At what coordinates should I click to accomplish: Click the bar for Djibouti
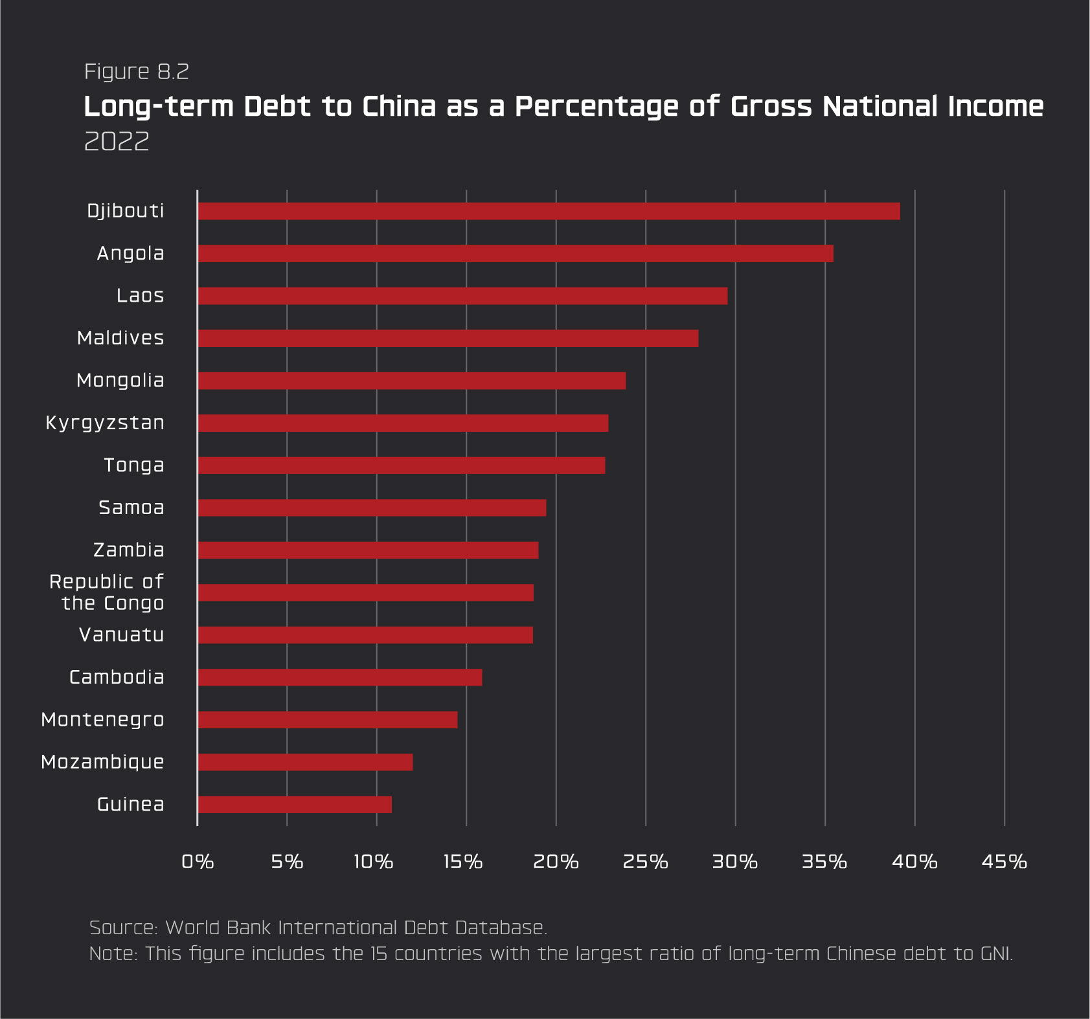(549, 211)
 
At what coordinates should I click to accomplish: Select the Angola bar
(516, 254)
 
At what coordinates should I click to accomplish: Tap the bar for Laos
(462, 296)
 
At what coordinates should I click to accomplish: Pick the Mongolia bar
(412, 381)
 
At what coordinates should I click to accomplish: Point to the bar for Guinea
(295, 805)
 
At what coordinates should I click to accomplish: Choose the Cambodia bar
(340, 677)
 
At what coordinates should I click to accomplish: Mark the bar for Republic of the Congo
(365, 592)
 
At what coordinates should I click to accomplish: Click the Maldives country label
(120, 338)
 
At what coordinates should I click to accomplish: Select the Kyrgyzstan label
(105, 423)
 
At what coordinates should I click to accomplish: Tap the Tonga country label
(134, 465)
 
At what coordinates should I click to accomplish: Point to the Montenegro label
(102, 720)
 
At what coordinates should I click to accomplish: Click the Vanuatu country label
(122, 635)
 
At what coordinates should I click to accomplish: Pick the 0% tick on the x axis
(198, 862)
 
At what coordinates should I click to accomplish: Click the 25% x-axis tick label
(645, 862)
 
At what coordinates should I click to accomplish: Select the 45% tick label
(1004, 862)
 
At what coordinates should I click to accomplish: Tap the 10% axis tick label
(374, 862)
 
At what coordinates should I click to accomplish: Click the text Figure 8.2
(137, 71)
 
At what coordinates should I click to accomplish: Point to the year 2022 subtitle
(117, 141)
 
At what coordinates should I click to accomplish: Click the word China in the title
(399, 107)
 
